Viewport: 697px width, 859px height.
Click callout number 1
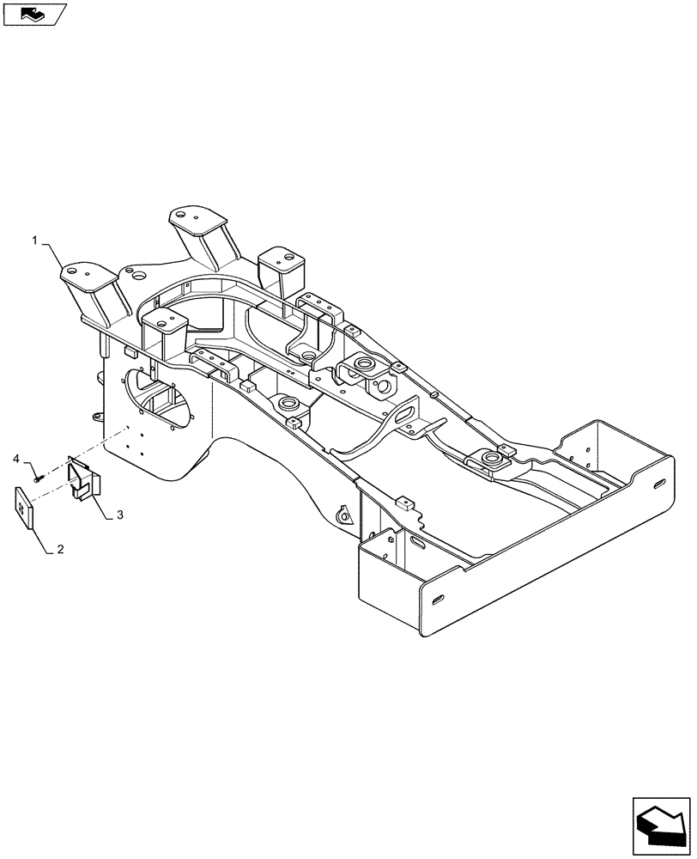pyautogui.click(x=35, y=243)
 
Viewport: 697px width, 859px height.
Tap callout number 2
pyautogui.click(x=61, y=546)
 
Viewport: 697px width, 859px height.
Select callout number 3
pyautogui.click(x=120, y=515)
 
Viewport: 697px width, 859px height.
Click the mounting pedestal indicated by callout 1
pyautogui.click(x=89, y=283)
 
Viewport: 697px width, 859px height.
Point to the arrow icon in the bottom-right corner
pyautogui.click(x=661, y=823)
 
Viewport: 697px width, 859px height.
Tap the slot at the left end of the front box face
pyautogui.click(x=439, y=599)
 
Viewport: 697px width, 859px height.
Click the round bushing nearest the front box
pyautogui.click(x=490, y=460)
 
